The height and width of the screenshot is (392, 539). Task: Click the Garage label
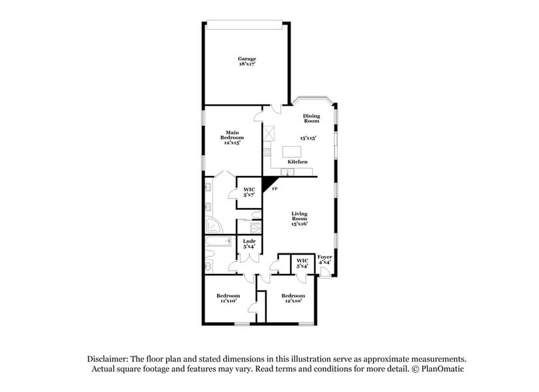(x=247, y=61)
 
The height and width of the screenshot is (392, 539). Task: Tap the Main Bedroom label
(x=232, y=137)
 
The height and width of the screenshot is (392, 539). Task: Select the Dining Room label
(x=311, y=118)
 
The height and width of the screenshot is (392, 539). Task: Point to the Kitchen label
(x=297, y=161)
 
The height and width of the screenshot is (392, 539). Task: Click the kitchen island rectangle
(x=292, y=151)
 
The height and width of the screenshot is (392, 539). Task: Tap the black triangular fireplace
(x=269, y=185)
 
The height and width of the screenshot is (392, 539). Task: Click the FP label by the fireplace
(x=274, y=189)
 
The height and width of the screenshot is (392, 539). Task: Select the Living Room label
(x=299, y=219)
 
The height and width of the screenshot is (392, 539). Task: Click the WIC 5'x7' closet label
(x=249, y=192)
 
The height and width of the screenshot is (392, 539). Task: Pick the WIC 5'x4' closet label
(x=302, y=263)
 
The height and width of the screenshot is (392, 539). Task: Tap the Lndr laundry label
(x=249, y=244)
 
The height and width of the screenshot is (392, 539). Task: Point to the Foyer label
(x=324, y=259)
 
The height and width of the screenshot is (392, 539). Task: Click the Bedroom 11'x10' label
(x=228, y=298)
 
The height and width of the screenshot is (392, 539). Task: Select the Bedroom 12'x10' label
(x=293, y=298)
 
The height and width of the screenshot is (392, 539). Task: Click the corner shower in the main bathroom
(x=214, y=225)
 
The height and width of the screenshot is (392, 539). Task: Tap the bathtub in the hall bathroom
(x=219, y=241)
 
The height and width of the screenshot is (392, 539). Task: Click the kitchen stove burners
(x=267, y=152)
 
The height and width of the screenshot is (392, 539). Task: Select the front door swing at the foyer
(x=325, y=271)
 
